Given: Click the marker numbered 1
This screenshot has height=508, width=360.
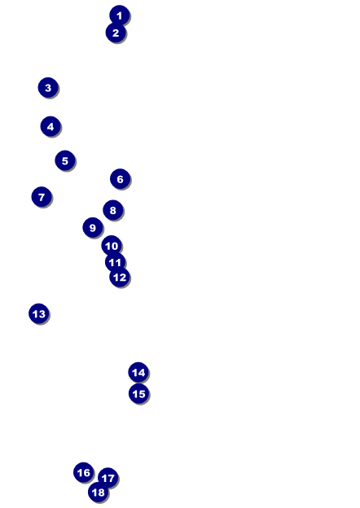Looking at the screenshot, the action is point(120,15).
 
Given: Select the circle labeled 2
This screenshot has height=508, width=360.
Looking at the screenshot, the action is point(116,33).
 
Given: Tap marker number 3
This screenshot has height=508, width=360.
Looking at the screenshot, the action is point(48,87).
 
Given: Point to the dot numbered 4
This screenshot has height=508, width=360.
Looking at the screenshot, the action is point(50,126).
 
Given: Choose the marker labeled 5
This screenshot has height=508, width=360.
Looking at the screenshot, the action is point(65,160).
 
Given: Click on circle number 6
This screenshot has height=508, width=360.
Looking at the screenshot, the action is point(121,179).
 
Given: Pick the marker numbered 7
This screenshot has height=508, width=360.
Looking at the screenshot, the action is point(42,197).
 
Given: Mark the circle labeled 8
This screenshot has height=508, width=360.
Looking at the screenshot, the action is point(113,210).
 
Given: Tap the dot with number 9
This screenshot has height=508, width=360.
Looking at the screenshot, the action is point(93,227).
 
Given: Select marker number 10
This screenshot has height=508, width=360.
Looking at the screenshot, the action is point(112,246).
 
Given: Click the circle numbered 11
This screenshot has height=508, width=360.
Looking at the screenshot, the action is point(115,262).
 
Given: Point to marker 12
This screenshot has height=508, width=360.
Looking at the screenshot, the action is point(120,277).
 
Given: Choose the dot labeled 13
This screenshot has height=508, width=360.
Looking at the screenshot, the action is point(39,313).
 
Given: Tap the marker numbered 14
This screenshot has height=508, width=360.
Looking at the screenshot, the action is point(138,372).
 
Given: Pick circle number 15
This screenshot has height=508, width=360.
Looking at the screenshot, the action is point(138,393).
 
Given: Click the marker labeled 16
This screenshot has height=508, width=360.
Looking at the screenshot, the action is point(84,472).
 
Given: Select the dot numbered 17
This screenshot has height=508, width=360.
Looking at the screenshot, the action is point(108,478).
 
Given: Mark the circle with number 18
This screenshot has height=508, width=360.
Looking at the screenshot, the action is point(99,492).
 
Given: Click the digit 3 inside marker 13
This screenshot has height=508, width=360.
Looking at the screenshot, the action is point(42,313).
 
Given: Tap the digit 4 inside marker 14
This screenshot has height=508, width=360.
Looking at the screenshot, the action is point(141,372).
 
